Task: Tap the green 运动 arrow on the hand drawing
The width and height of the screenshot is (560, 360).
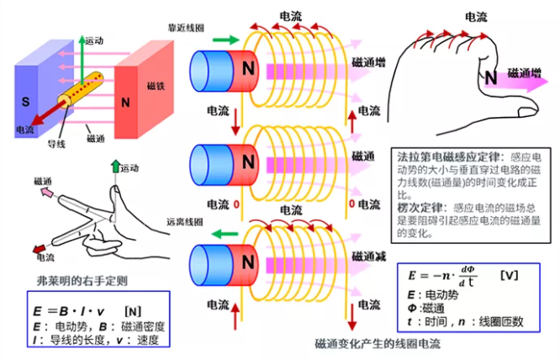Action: [115, 174]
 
